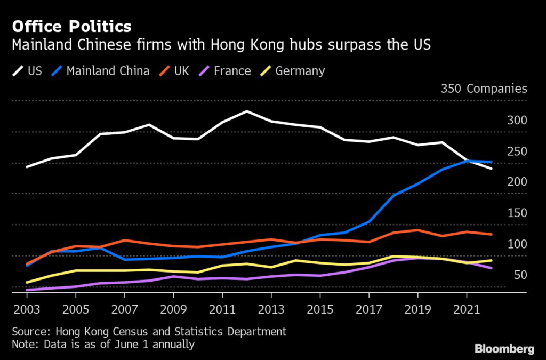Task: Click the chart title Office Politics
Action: pos(71,26)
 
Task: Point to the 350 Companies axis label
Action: pos(484,89)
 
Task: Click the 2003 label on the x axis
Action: pos(26,309)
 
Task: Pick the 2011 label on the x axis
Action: pos(222,309)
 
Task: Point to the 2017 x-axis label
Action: pos(368,309)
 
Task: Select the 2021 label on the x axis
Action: pos(467,309)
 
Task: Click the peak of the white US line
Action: pos(246,111)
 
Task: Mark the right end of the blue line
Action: pos(491,162)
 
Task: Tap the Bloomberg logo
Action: pos(504,350)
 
